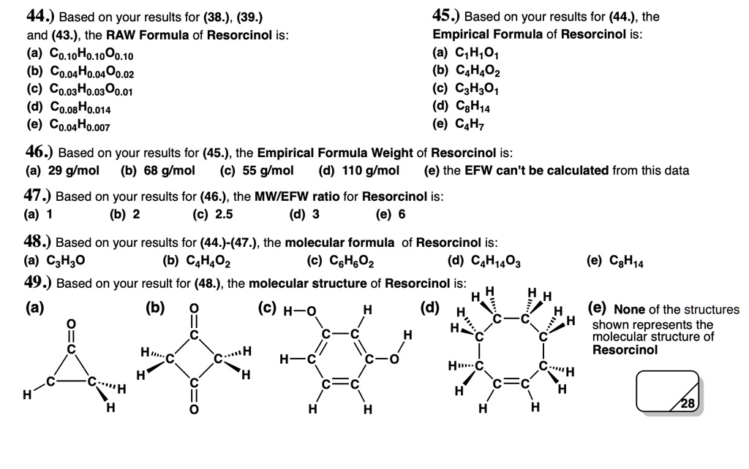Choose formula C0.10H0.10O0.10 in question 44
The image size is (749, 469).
point(91,55)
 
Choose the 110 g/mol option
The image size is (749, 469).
point(369,171)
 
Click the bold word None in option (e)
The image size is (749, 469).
point(630,310)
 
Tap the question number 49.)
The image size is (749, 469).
point(39,283)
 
